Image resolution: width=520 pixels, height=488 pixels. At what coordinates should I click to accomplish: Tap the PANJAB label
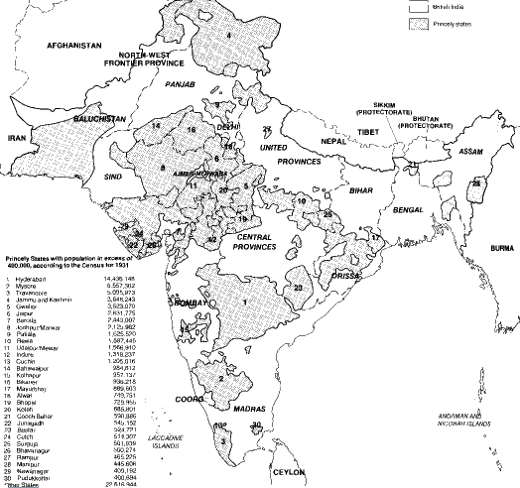point(184,86)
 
